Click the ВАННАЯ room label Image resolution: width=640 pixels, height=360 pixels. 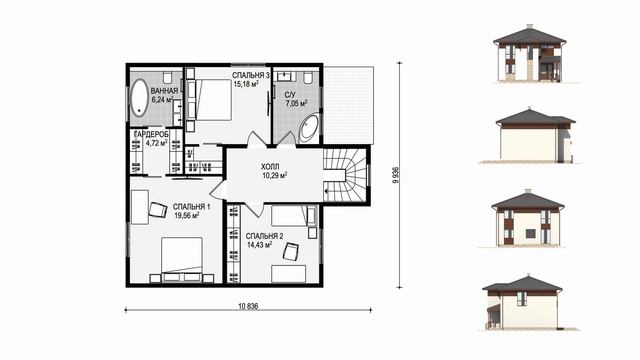[164, 91]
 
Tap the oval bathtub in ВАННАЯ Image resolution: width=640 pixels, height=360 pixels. [139, 98]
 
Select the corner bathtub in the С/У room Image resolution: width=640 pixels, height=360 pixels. [309, 128]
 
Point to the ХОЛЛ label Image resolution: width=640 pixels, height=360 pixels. [270, 167]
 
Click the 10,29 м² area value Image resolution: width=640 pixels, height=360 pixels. [275, 176]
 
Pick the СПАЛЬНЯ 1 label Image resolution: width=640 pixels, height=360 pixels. [191, 207]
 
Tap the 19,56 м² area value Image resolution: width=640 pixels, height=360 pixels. [187, 216]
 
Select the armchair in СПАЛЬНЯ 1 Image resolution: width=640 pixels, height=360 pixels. [158, 210]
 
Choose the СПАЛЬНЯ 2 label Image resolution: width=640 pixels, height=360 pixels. [264, 236]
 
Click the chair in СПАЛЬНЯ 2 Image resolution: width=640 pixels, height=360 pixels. [291, 251]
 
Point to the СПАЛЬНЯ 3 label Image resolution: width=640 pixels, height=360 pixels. [251, 76]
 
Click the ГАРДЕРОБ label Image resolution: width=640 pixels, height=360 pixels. [151, 134]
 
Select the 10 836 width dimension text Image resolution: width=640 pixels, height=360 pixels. [248, 306]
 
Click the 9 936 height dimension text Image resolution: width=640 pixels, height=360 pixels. [395, 176]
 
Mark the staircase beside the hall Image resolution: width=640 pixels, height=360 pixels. [346, 175]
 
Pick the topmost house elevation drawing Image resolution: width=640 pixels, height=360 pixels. [529, 53]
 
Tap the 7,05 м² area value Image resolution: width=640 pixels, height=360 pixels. [296, 104]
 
